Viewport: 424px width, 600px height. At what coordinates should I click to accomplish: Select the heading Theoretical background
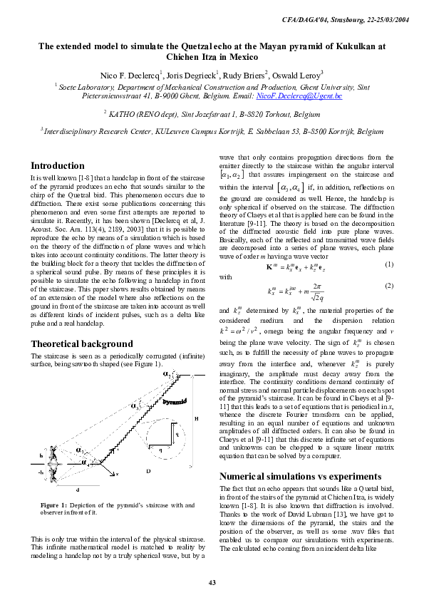click(81, 343)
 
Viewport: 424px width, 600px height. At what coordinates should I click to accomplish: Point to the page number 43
click(212, 584)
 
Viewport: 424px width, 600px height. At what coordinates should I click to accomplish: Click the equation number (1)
click(390, 264)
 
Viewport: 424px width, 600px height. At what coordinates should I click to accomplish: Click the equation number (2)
click(390, 286)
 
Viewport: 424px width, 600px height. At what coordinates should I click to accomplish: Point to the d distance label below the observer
click(77, 490)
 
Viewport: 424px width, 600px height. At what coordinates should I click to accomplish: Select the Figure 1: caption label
click(58, 505)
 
